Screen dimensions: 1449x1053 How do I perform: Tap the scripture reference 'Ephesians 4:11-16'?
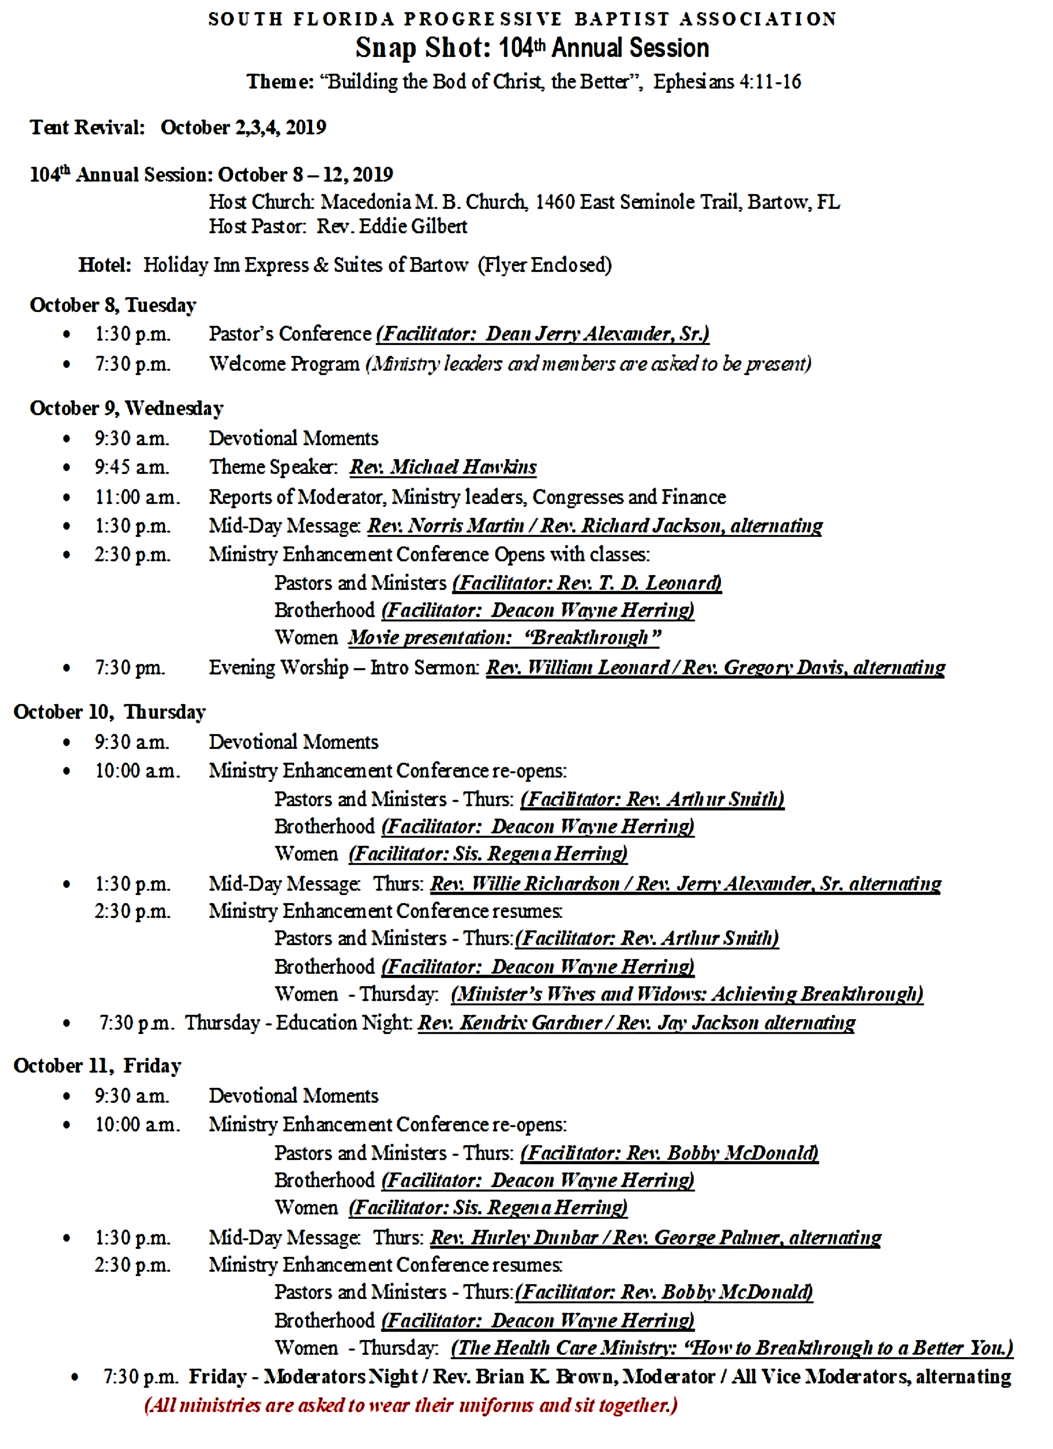[x=727, y=82]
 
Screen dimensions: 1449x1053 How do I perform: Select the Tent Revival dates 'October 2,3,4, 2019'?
[x=243, y=127]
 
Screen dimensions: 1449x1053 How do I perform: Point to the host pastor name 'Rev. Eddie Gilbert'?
[x=391, y=226]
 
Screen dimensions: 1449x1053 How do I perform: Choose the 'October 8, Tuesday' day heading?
[x=113, y=305]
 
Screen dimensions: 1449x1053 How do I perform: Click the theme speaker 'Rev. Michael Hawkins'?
[x=443, y=467]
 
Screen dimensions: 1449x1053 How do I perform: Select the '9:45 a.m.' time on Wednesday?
[x=132, y=467]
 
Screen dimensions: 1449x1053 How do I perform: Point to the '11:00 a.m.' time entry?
[x=137, y=497]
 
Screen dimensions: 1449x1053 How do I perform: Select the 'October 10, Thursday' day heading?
[x=110, y=712]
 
